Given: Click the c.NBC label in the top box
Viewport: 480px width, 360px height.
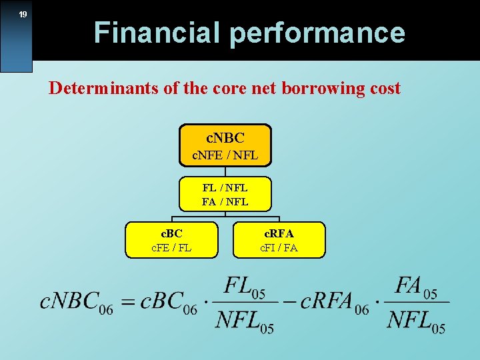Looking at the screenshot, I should coord(225,138).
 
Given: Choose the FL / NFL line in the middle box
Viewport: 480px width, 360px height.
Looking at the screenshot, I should coord(225,188).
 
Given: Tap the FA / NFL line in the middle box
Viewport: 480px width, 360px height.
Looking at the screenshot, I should coord(225,201).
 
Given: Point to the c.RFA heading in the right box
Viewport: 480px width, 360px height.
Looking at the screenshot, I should coord(279,233).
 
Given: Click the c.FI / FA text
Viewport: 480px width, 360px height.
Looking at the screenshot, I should coord(279,248).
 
